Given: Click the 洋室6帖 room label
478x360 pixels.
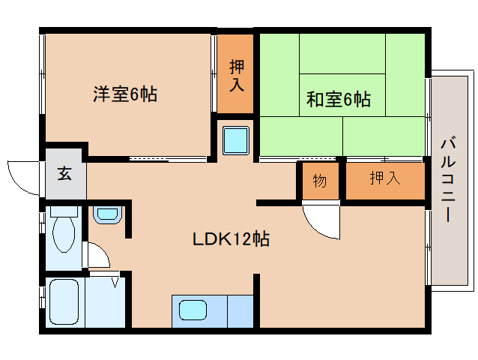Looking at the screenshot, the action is click(x=125, y=94).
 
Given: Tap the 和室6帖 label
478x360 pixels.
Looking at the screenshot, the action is click(x=339, y=99).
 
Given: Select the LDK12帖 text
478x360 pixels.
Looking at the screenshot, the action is click(x=231, y=239).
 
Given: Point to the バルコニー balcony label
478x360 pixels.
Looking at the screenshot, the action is click(x=448, y=180).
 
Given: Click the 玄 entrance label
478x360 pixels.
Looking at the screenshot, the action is click(x=64, y=174).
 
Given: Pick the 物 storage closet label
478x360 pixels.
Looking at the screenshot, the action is click(x=320, y=181).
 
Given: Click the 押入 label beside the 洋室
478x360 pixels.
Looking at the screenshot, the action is click(x=237, y=76).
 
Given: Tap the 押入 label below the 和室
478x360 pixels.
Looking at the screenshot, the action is click(x=385, y=178).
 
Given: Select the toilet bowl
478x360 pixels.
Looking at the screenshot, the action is click(x=64, y=229).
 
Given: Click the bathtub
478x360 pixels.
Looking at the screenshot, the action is click(x=64, y=301).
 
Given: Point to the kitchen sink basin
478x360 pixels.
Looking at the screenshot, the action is click(x=193, y=310).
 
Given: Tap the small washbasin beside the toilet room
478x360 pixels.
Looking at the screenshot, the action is click(x=108, y=214).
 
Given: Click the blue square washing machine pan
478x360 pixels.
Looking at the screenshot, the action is click(x=236, y=141).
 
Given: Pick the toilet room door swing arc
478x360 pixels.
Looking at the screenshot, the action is click(x=102, y=250).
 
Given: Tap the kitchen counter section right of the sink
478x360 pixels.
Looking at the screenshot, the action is click(x=240, y=311).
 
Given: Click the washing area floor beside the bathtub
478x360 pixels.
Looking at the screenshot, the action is click(x=105, y=302).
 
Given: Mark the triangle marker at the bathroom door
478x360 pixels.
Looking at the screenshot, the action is click(x=115, y=282).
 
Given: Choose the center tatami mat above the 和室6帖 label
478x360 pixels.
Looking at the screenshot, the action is click(x=342, y=54).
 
